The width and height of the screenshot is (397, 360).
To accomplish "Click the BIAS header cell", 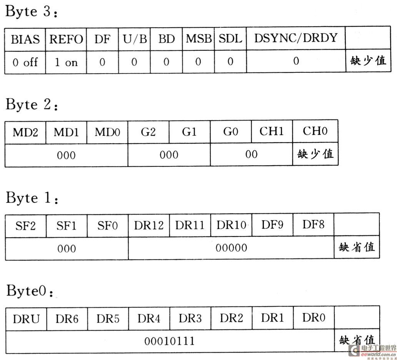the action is [25, 40].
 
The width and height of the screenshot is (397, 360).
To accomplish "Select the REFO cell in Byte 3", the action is [66, 39].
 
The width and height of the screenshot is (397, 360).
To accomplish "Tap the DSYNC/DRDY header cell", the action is [296, 38].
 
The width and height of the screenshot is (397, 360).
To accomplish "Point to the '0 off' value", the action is [25, 62].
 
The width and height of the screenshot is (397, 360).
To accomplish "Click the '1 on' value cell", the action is [66, 62].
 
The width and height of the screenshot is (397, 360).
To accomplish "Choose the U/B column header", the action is [134, 39].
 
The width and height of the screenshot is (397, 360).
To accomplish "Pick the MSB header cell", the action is [198, 39].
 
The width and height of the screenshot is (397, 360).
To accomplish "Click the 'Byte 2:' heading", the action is [32, 104].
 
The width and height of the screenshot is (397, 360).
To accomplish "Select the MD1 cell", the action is [66, 132].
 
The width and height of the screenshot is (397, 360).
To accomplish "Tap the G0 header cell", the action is [231, 132].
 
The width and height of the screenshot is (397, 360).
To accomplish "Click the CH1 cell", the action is [272, 131].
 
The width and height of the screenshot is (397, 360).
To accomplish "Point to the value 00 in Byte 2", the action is [252, 154].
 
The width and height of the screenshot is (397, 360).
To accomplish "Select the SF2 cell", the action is [25, 226].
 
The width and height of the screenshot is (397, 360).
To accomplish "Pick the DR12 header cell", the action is [149, 226].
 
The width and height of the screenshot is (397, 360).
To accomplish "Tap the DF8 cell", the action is [314, 225].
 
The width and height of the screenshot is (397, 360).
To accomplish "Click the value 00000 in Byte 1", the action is [231, 248].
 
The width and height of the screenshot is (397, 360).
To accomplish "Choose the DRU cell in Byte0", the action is [26, 319].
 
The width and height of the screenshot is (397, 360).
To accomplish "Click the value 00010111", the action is [170, 341].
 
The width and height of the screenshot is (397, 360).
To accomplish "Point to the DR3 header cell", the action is [190, 318].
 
